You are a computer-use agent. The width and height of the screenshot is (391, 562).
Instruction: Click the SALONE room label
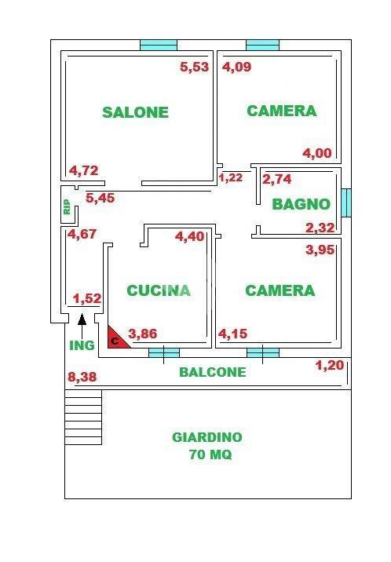135,112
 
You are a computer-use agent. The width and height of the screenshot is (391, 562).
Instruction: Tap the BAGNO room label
301,204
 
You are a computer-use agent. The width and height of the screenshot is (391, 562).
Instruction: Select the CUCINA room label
159,290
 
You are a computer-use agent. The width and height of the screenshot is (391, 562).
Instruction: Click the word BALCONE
212,372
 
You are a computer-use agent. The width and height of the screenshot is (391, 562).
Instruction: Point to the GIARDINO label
207,437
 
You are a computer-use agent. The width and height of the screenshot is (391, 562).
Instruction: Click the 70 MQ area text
210,454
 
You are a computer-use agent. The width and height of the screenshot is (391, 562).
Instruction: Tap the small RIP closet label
67,206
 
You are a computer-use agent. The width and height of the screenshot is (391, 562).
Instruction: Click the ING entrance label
81,345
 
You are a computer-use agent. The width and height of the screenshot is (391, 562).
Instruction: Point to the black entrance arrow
82,319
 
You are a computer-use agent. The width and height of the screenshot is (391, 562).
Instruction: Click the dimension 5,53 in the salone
195,68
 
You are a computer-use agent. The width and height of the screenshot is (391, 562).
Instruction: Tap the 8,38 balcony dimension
83,378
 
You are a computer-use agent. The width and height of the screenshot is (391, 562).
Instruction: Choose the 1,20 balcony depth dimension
330,365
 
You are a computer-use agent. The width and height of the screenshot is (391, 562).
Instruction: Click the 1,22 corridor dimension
230,178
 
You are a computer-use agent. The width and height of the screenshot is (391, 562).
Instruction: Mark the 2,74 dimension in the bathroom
277,180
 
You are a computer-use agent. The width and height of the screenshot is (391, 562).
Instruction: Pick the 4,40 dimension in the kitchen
189,236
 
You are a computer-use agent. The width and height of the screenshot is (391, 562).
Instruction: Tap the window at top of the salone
159,45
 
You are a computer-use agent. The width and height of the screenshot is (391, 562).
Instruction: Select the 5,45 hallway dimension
100,199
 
